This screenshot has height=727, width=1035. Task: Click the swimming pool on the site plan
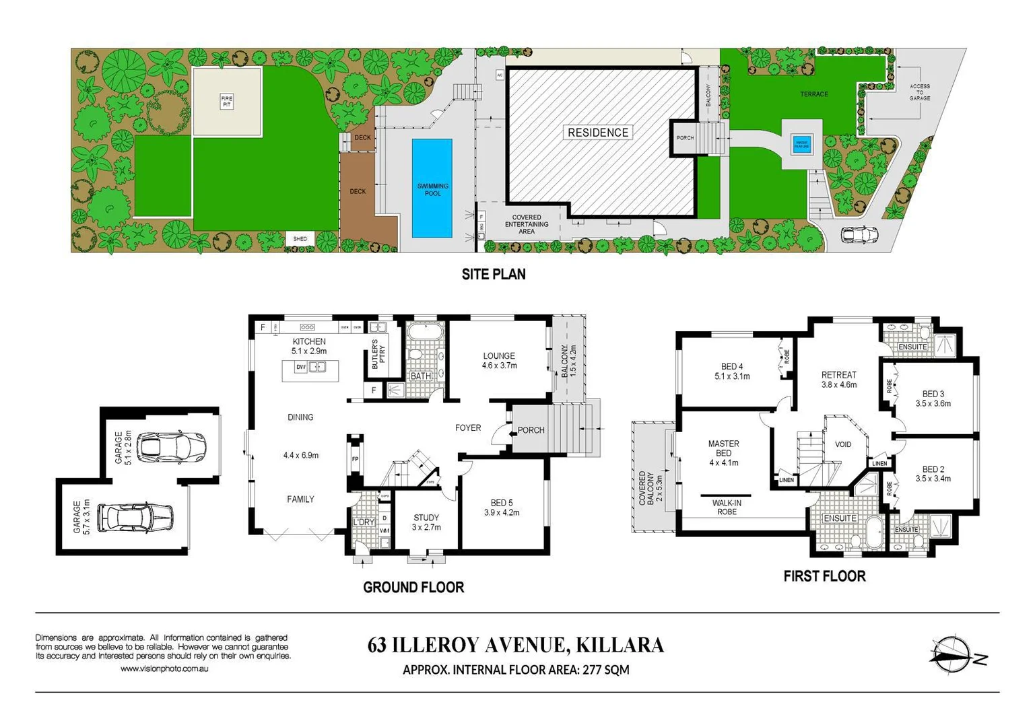coord(432,188)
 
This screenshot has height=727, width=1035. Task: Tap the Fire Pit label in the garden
coord(227,102)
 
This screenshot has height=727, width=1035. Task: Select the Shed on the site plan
coord(300,239)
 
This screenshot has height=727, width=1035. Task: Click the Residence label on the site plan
coord(598,133)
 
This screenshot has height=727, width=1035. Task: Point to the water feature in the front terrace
coord(802,143)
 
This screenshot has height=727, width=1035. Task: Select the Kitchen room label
coord(309,342)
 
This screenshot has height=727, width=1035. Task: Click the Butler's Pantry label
coord(379,355)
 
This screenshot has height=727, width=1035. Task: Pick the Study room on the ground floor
coord(426,522)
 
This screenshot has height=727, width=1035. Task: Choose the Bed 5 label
coord(502,503)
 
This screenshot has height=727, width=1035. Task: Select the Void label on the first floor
coord(843,444)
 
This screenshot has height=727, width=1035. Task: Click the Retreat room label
coord(838,375)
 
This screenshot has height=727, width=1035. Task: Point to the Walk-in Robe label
coord(727,507)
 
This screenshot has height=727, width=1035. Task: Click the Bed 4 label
coord(732,367)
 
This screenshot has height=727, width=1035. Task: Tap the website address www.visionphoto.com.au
coord(164,668)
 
